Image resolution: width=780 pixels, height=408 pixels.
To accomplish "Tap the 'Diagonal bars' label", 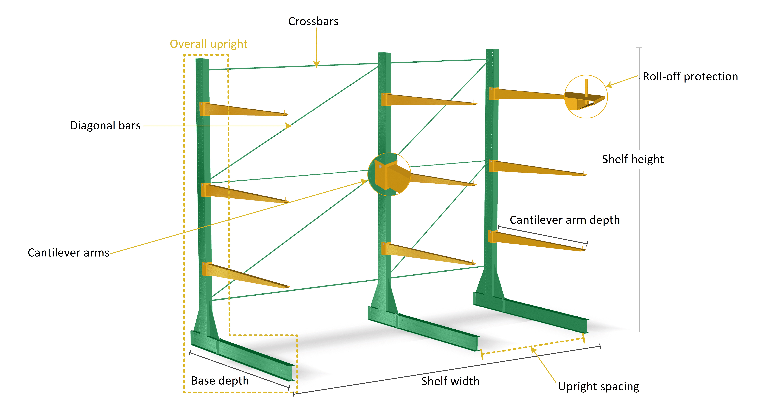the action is click(105, 125).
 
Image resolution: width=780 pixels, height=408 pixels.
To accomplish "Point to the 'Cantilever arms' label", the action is click(68, 253).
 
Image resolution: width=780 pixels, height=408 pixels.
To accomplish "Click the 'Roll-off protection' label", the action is click(690, 77).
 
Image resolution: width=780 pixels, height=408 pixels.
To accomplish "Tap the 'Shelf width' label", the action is click(451, 381).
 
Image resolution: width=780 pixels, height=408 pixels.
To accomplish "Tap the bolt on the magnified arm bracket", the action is click(380, 166).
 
